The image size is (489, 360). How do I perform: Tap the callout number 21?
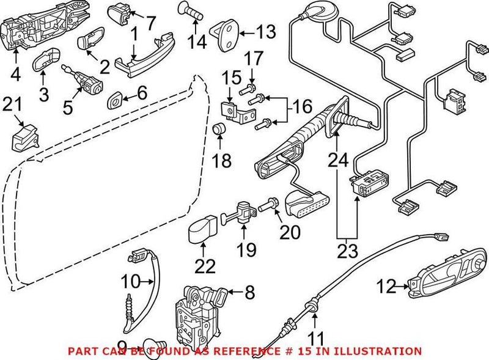click(13, 105)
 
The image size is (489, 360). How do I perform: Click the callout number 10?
click(130, 282)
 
